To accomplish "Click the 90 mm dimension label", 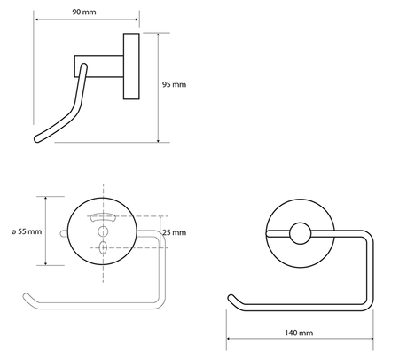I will coord(86,14).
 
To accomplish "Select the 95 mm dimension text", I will coord(175,87).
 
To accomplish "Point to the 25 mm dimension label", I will coord(176,232).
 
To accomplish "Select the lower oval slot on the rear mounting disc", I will coord(103,247).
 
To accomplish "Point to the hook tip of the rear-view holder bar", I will coord(25,293).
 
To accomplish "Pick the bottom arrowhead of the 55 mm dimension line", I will coord(45,262).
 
